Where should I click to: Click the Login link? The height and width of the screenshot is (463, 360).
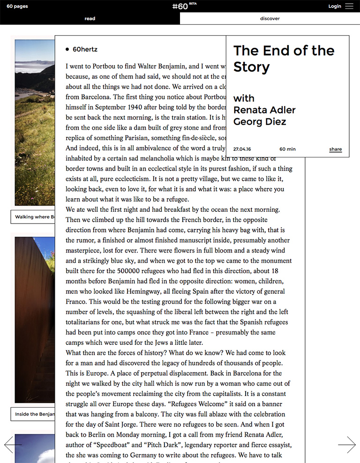[x=335, y=6]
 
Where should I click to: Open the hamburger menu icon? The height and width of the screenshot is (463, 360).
[x=349, y=6]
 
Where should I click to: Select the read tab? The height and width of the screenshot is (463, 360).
[x=90, y=19]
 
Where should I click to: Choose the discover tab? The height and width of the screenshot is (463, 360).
[x=270, y=19]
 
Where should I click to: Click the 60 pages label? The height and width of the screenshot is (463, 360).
[x=17, y=7]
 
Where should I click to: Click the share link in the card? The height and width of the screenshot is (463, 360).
[x=335, y=149]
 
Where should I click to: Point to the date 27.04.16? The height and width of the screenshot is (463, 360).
[x=242, y=149]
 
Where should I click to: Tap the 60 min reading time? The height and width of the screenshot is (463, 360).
[x=287, y=149]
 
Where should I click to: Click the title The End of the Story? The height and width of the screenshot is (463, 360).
[x=284, y=59]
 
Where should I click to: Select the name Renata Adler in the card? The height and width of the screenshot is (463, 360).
[x=264, y=110]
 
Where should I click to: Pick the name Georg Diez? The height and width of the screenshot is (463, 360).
[x=260, y=122]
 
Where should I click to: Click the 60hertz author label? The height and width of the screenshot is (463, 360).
[x=85, y=49]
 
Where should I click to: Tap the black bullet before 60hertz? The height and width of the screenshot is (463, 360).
[x=68, y=49]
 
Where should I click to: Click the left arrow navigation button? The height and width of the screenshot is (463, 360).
[x=13, y=445]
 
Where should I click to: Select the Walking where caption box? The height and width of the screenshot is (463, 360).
[x=33, y=217]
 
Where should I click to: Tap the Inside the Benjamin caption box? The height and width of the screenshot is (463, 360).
[x=33, y=414]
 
